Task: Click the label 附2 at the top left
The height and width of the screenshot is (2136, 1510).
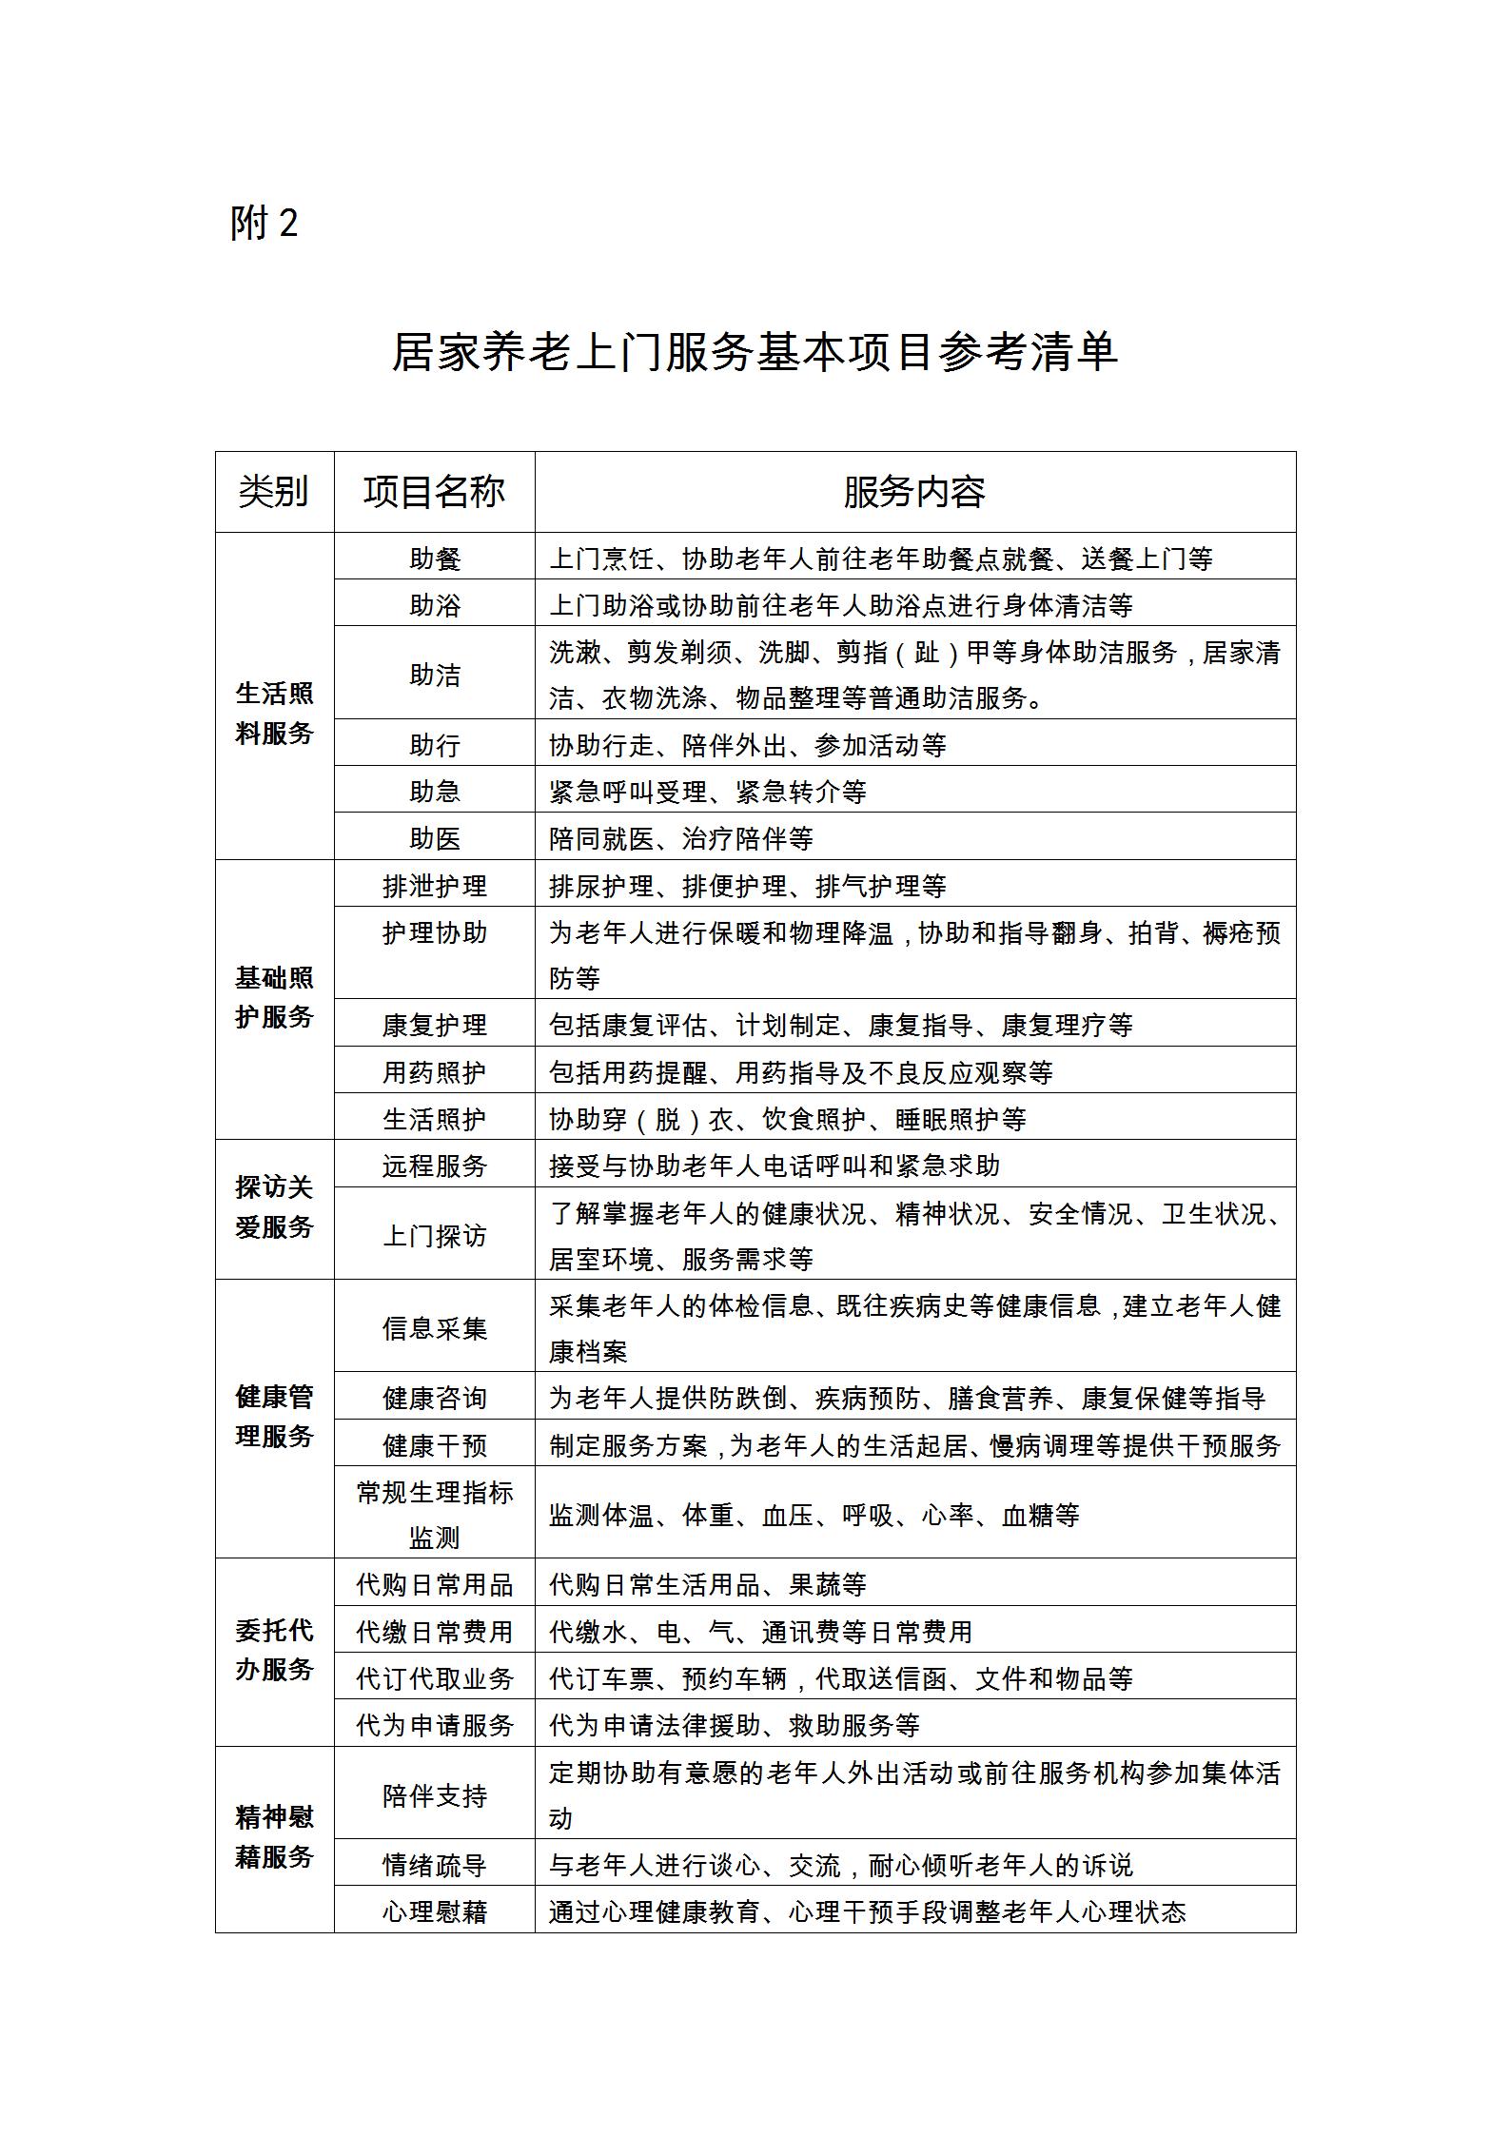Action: coord(265,224)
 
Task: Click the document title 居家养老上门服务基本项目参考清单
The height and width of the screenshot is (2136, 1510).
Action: coord(755,352)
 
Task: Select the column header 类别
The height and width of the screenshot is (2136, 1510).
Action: coord(274,492)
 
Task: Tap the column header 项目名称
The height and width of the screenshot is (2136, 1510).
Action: coord(434,492)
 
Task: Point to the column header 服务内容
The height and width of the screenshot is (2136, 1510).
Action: coord(914,492)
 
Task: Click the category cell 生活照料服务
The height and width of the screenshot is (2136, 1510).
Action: coord(274,714)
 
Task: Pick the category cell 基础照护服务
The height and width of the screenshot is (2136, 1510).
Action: coord(274,998)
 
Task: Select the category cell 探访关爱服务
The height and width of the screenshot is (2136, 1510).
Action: coord(274,1207)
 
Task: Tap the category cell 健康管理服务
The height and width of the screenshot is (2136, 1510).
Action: coord(274,1417)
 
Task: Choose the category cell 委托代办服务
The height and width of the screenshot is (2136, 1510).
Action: coord(274,1651)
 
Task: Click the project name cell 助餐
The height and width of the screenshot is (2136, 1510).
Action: coord(435,558)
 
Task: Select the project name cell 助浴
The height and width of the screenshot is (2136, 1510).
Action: coord(435,605)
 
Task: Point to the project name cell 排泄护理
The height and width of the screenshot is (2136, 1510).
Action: coord(435,886)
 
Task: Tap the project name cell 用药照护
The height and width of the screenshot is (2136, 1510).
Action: coord(435,1072)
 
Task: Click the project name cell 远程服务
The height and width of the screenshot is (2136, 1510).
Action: coord(435,1166)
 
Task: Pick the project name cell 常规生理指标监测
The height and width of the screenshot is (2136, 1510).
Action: coord(435,1515)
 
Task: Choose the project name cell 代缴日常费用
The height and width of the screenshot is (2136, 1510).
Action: coord(435,1632)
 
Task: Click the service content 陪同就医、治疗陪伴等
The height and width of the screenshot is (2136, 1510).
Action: coord(681,838)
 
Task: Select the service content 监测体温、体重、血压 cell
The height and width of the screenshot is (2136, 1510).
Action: coord(814,1515)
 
